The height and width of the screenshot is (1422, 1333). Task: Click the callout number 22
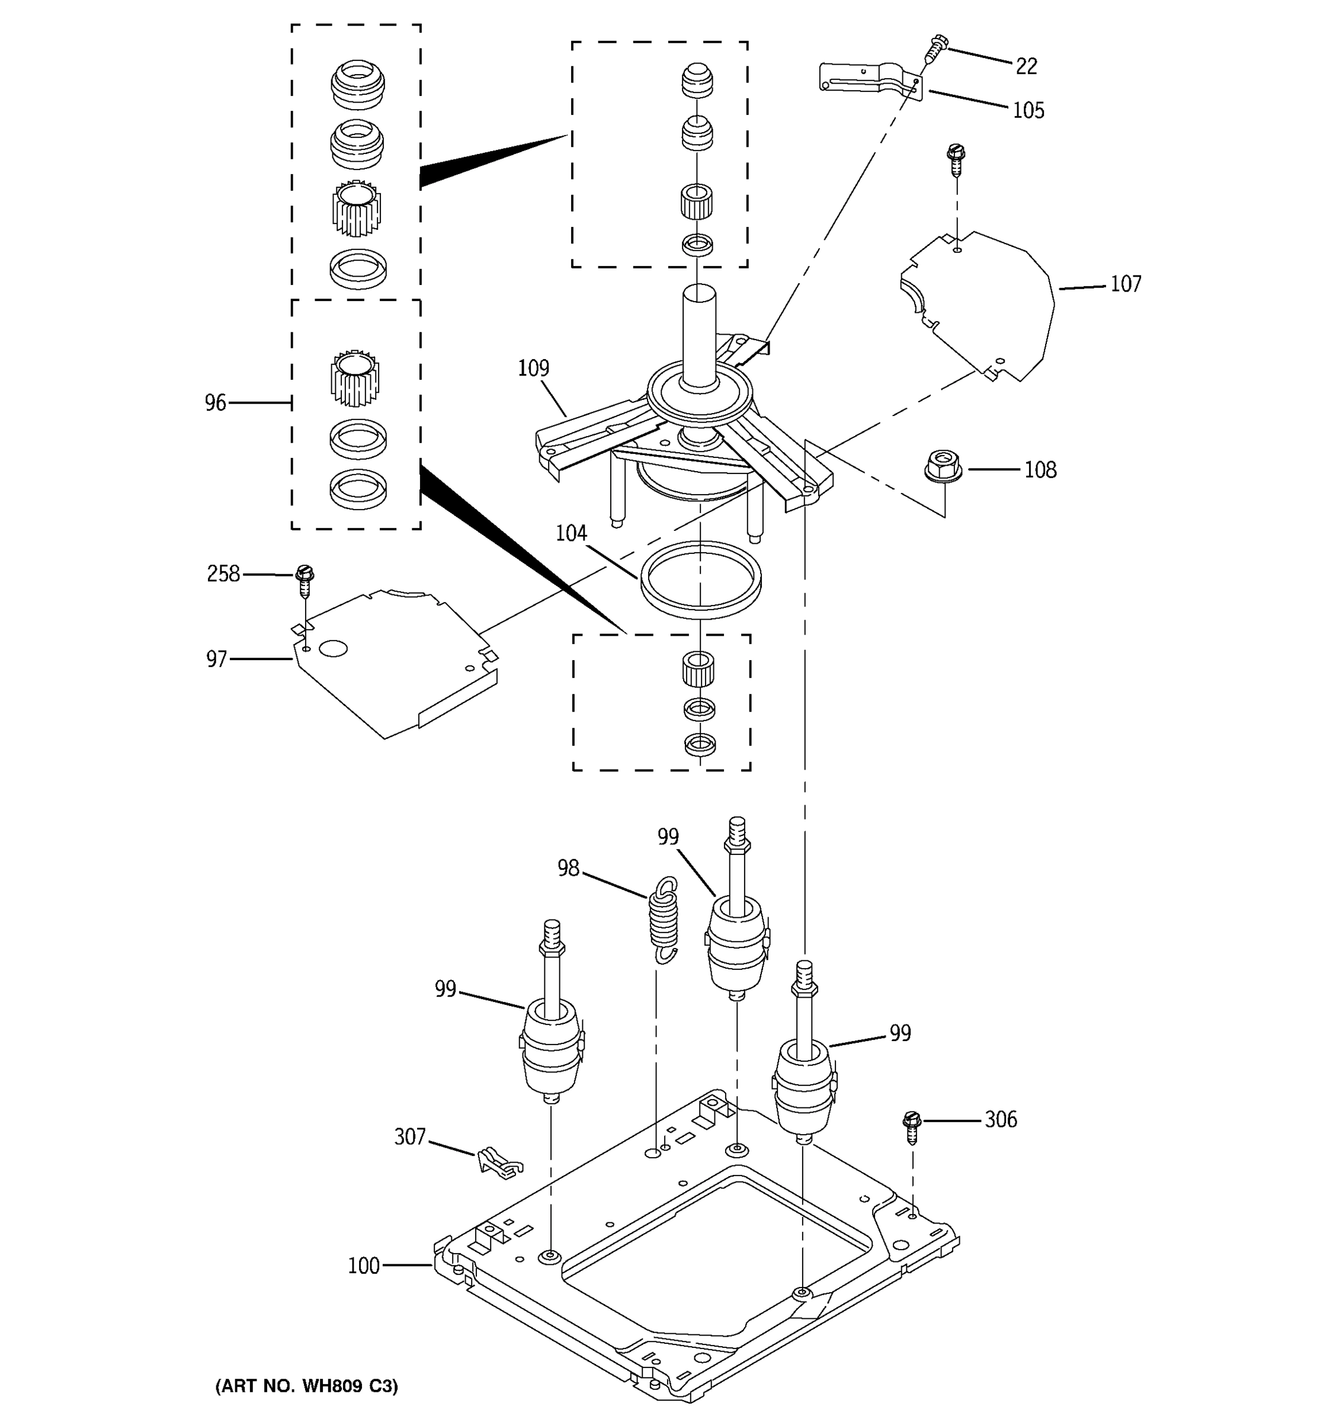[x=1026, y=66]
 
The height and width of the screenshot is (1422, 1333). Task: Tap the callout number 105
[x=1028, y=110]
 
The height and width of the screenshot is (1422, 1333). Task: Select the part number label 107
[x=1126, y=284]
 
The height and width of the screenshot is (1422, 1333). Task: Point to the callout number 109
[x=533, y=369]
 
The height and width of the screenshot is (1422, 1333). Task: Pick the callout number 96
[x=215, y=403]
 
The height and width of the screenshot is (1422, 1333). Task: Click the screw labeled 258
[x=305, y=581]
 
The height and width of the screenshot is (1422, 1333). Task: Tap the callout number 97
[x=217, y=659]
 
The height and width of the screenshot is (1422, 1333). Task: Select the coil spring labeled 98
[x=664, y=923]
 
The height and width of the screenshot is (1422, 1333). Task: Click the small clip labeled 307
[x=498, y=1162]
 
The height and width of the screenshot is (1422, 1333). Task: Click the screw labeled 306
[x=912, y=1128]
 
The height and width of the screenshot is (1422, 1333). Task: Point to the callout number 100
[x=363, y=1266]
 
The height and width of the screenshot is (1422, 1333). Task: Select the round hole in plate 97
[x=333, y=649]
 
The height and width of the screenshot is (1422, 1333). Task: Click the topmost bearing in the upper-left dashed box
[x=358, y=83]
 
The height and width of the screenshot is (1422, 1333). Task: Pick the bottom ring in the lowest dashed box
[x=700, y=745]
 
